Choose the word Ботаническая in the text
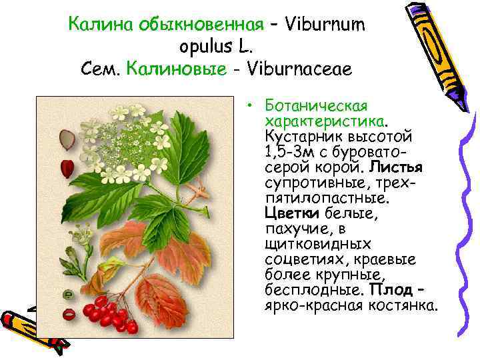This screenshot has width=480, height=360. coord(317,107)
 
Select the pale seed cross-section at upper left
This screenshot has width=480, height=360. coord(66,139)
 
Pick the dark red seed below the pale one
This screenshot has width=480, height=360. coord(66,166)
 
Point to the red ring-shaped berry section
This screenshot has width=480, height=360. coord(67,313)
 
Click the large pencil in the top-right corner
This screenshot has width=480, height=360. coord(433,50)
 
